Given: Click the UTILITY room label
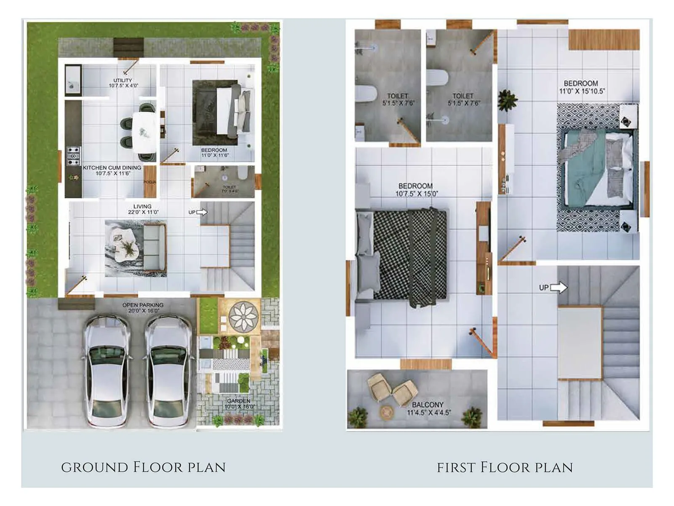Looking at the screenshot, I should pos(123,83).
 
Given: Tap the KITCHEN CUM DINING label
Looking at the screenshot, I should pos(112,170).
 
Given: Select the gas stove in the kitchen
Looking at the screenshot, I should pos(74,156).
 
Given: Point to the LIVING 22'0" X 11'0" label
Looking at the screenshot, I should pos(143,209).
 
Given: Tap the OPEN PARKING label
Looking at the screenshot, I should pos(143,307).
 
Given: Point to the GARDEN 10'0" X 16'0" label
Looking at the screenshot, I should pos(239,404).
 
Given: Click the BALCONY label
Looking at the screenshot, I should pos(428,408).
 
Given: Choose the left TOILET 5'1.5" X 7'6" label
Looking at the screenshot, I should pos(398,99).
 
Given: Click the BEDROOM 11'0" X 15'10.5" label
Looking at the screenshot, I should pos(581,87).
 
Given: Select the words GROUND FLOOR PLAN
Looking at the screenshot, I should pos(143,467).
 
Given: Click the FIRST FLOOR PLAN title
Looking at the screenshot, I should pos(505,467).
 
